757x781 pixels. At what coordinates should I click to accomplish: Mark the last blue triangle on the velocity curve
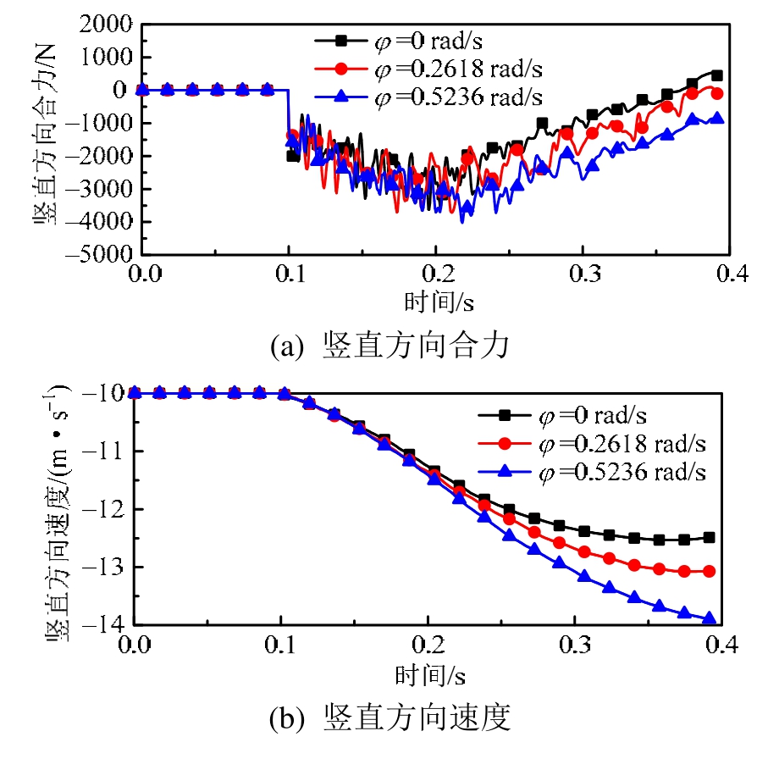click(x=710, y=619)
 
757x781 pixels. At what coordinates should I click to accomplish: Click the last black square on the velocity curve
click(x=710, y=538)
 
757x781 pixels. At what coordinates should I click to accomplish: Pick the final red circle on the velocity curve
click(x=710, y=572)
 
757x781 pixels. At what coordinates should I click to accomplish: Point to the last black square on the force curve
click(x=717, y=75)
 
